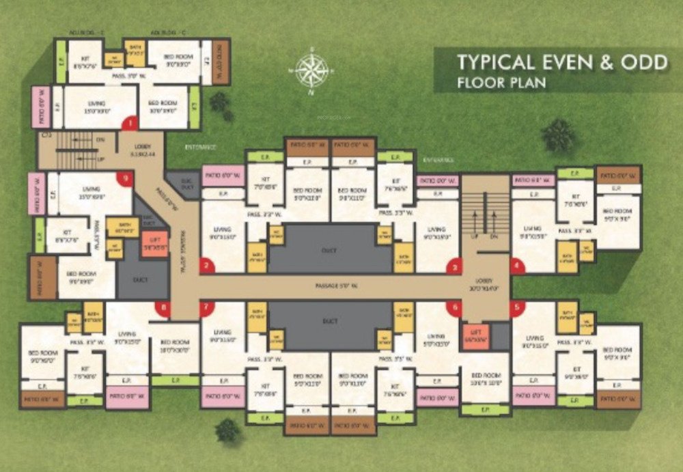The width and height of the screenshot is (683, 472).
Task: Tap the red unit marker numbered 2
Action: coord(206,265)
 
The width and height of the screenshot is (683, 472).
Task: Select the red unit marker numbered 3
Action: coord(451,266)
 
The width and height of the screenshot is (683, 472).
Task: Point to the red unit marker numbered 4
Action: coord(517,266)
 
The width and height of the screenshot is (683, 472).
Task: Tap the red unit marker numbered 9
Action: coord(124,179)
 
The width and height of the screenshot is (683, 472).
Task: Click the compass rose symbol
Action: coord(312,70)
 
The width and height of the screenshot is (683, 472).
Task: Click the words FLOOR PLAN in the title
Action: coord(501,83)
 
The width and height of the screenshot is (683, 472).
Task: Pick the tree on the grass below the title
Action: coord(559,135)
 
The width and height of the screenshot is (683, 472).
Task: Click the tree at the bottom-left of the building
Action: coord(227,430)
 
